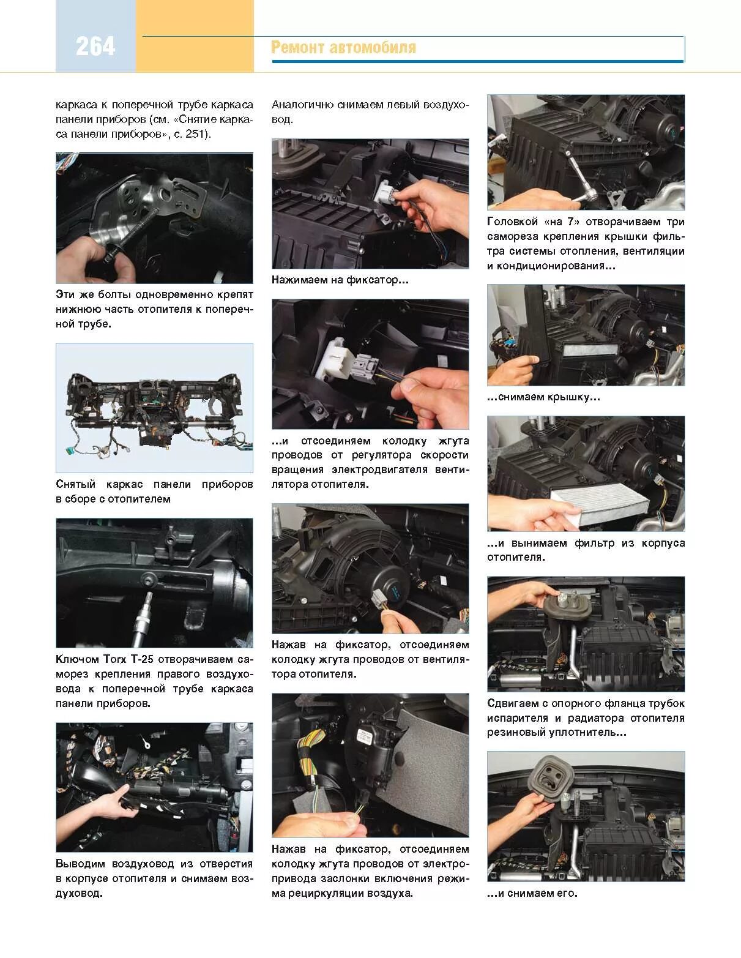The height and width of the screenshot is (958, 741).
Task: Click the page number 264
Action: [95, 47]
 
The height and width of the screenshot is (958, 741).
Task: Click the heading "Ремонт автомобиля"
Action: [343, 47]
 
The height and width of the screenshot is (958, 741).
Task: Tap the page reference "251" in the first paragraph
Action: [196, 133]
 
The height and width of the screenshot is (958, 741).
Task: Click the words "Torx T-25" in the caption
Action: [128, 659]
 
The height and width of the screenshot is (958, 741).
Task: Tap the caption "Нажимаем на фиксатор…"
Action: [340, 280]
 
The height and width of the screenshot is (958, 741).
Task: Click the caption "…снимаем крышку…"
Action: [543, 397]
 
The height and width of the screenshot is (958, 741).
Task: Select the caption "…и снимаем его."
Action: [532, 893]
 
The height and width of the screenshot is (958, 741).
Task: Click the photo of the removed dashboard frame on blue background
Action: [154, 408]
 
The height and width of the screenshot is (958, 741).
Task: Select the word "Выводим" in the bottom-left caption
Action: [80, 864]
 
